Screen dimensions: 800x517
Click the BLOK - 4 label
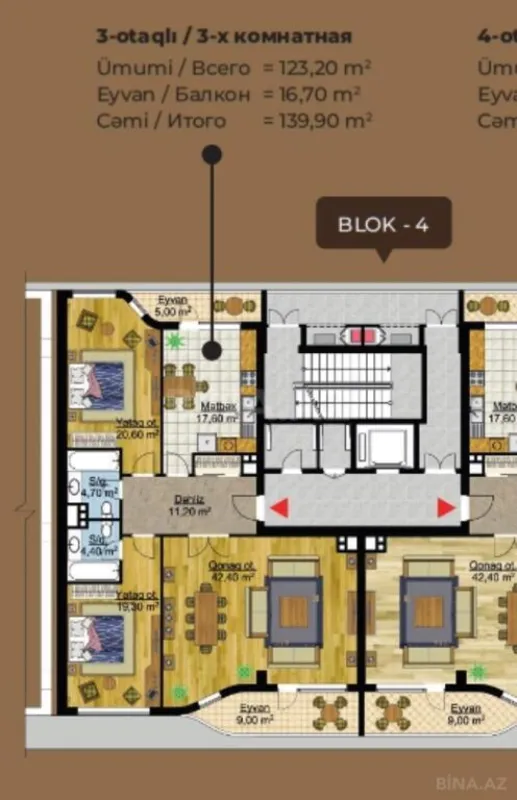coord(383,223)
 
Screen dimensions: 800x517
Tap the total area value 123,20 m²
coord(318,68)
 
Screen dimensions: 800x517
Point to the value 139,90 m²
coord(318,120)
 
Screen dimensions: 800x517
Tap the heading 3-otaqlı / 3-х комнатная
coord(224,37)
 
